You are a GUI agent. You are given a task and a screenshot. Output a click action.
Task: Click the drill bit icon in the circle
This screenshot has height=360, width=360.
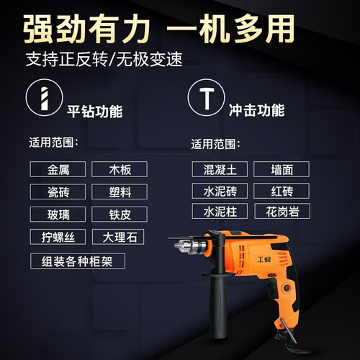[x=45, y=98]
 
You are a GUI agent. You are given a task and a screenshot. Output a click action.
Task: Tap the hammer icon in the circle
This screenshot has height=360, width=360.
[x=207, y=98]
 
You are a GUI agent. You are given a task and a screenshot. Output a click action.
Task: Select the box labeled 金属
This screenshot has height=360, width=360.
[x=58, y=169]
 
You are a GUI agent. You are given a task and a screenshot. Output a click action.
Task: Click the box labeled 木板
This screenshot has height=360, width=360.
[x=120, y=169]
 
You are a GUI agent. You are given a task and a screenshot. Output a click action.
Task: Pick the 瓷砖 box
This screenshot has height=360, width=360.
[x=58, y=192]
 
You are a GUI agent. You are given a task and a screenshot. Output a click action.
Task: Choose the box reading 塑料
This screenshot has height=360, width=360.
[x=120, y=192]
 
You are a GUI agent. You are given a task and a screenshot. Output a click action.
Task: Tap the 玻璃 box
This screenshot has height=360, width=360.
[x=58, y=214]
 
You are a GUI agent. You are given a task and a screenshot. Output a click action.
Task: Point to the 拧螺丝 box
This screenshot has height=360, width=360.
[x=58, y=237]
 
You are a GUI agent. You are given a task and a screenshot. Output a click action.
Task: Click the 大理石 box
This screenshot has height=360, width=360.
[x=118, y=237]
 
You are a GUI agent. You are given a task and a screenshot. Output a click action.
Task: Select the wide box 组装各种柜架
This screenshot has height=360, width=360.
[x=78, y=261]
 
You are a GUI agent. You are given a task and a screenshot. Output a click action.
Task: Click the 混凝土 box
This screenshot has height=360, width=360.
[x=220, y=169]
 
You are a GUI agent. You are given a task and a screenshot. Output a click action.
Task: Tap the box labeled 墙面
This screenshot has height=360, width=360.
[x=282, y=169]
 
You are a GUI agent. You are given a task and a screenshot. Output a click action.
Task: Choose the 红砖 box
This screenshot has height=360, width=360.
[x=282, y=191]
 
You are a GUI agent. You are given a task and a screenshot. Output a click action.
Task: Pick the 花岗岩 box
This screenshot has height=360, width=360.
[x=282, y=211]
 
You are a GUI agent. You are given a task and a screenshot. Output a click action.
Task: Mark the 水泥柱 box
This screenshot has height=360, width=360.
[x=220, y=211]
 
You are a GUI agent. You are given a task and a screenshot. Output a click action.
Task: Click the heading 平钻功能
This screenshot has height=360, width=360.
[x=95, y=112]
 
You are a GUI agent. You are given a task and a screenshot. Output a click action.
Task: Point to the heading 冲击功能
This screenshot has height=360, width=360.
[x=257, y=110]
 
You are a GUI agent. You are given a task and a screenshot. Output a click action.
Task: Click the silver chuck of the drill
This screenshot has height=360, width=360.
[x=190, y=246]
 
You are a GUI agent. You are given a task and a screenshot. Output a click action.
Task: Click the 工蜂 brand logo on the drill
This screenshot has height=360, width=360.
[x=264, y=259]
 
